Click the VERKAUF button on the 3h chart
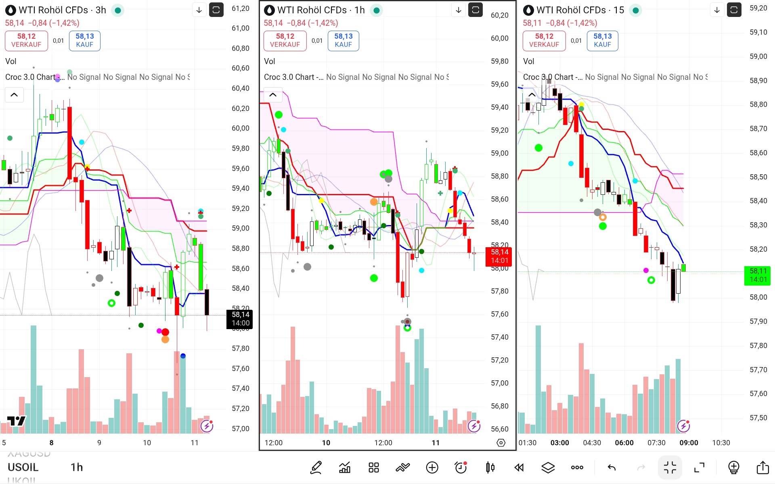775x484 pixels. click(x=26, y=40)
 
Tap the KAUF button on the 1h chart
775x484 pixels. click(x=343, y=40)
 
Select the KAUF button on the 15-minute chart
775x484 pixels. click(x=602, y=40)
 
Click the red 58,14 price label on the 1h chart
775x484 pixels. click(x=499, y=256)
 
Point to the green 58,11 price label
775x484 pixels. click(x=758, y=275)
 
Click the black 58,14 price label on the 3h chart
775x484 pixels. click(x=240, y=319)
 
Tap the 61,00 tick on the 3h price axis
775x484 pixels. click(x=240, y=28)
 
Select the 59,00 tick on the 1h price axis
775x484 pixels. click(x=499, y=153)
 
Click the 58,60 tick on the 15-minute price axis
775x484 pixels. click(x=758, y=153)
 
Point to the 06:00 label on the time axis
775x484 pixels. click(x=624, y=442)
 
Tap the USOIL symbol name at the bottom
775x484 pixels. click(x=23, y=467)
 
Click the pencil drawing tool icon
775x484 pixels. click(x=316, y=467)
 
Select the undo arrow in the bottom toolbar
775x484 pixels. click(x=612, y=467)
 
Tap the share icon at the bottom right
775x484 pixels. click(x=762, y=467)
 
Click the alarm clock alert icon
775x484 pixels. click(x=461, y=467)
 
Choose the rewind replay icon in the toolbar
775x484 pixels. click(x=519, y=467)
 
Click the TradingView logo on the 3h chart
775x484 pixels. click(x=16, y=421)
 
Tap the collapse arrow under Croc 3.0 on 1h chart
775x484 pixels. click(x=273, y=95)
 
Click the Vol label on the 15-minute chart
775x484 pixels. click(x=528, y=61)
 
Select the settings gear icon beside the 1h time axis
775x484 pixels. click(x=501, y=443)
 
